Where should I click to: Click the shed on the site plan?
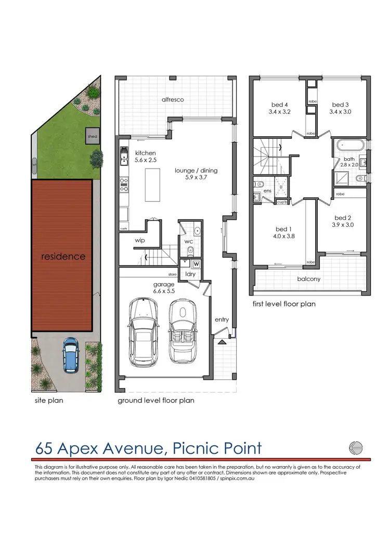click(92, 136)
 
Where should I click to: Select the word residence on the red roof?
click(64, 256)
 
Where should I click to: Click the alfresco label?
click(173, 99)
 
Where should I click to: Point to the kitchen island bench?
click(152, 184)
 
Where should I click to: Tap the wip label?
click(139, 240)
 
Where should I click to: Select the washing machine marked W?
click(196, 264)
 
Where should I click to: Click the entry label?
click(222, 319)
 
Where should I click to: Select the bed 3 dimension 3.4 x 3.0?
click(341, 111)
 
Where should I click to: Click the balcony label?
click(308, 279)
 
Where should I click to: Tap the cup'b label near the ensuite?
click(283, 201)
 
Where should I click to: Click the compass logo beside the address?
click(355, 447)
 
